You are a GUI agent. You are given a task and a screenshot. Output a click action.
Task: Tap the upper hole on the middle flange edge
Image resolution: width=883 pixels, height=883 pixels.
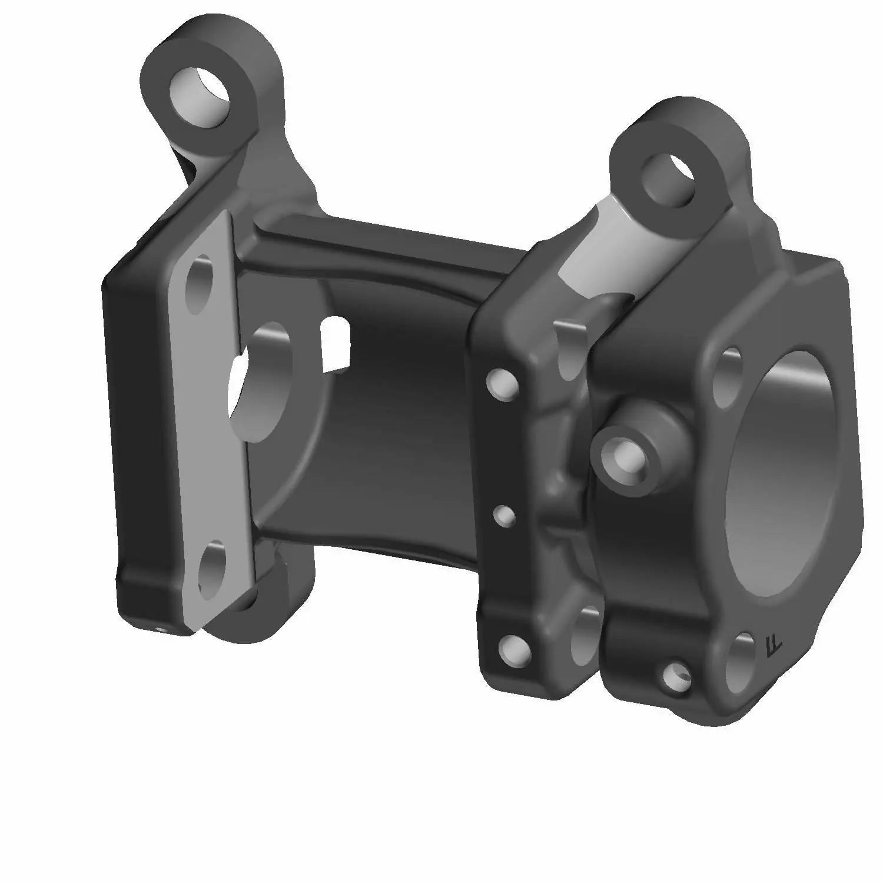502,383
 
